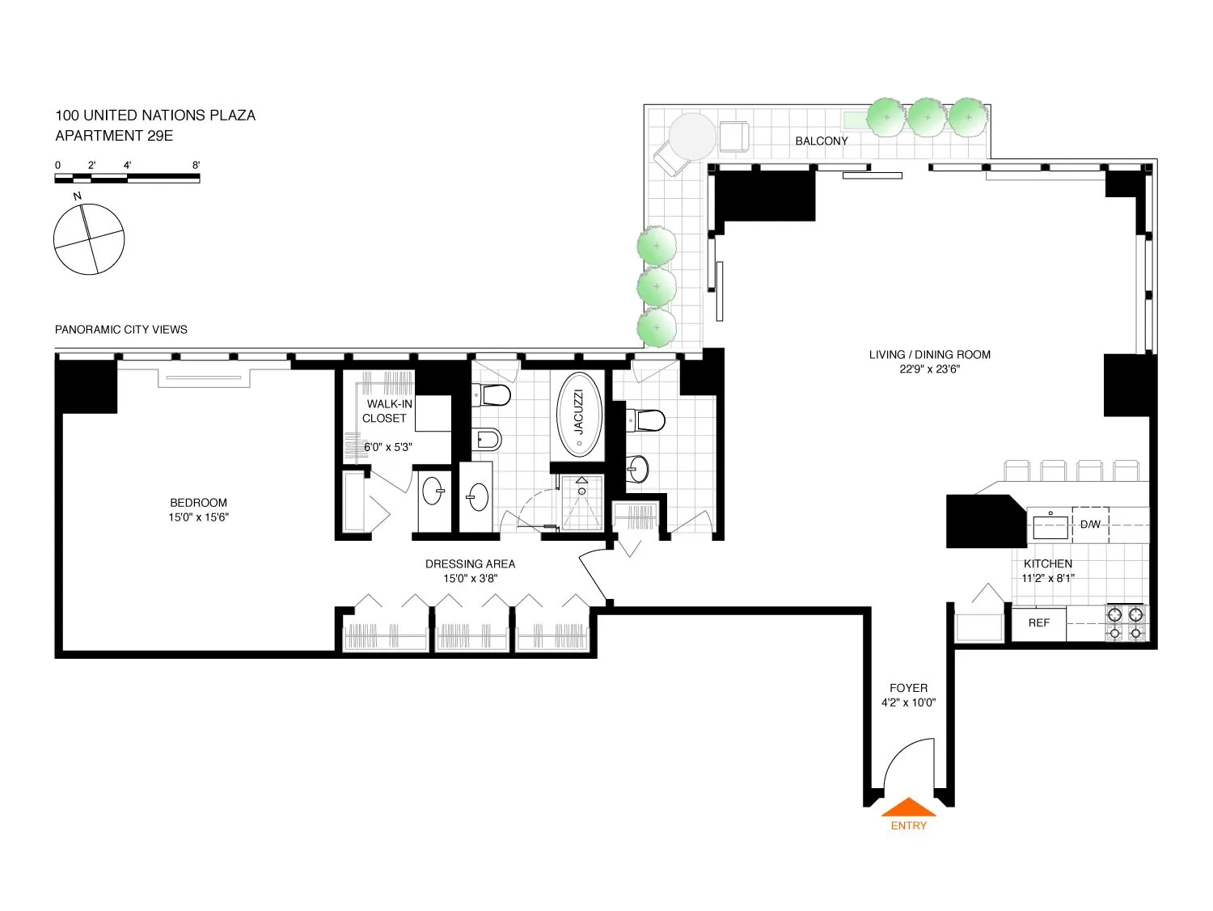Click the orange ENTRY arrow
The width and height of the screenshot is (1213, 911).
(x=908, y=808)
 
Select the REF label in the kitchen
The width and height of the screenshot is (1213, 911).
(x=1038, y=623)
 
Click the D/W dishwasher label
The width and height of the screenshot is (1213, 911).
(x=1090, y=525)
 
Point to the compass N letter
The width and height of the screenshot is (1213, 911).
(x=78, y=196)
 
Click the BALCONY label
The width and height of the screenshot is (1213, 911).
(x=821, y=141)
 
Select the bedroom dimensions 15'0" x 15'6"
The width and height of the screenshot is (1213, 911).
(x=198, y=517)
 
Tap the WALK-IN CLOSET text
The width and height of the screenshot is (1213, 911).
(x=387, y=411)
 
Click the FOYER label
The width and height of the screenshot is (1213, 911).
(x=908, y=689)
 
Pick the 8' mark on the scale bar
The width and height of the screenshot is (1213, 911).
(x=196, y=166)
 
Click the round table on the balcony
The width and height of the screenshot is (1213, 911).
(x=693, y=135)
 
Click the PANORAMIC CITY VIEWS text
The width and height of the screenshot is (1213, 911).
(x=121, y=330)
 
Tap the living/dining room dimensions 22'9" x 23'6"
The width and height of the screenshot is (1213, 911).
(x=929, y=369)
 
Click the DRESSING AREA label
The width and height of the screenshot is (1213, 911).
(x=470, y=564)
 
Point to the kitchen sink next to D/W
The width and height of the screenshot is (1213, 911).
(x=1050, y=525)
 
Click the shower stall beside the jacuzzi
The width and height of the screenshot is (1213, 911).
(x=581, y=503)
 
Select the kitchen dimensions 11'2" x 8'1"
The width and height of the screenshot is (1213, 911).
(x=1047, y=578)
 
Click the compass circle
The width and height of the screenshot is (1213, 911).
(x=89, y=239)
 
